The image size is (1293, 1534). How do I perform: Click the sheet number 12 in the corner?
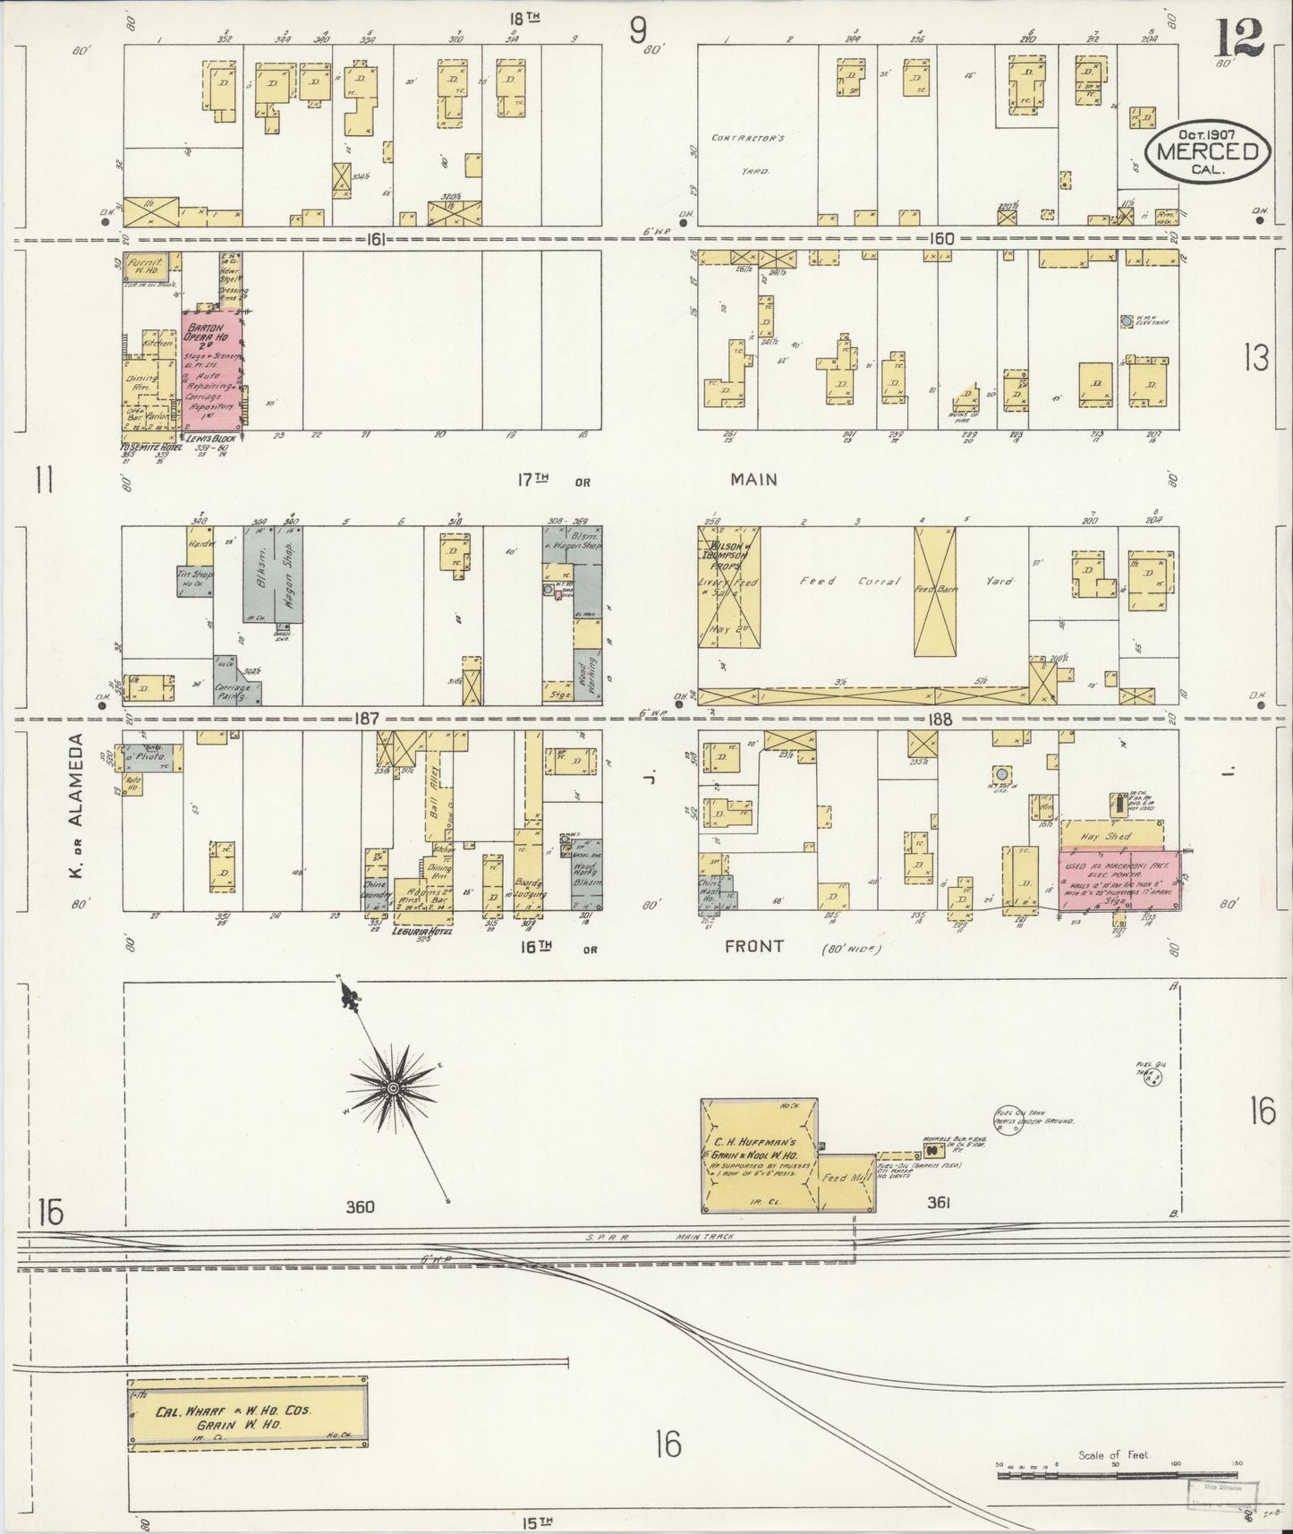1238,37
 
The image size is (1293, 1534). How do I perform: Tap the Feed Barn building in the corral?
934,590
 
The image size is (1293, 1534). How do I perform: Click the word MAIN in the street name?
753,480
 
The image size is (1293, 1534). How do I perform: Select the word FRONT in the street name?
754,946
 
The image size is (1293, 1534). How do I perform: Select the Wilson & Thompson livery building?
729,586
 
